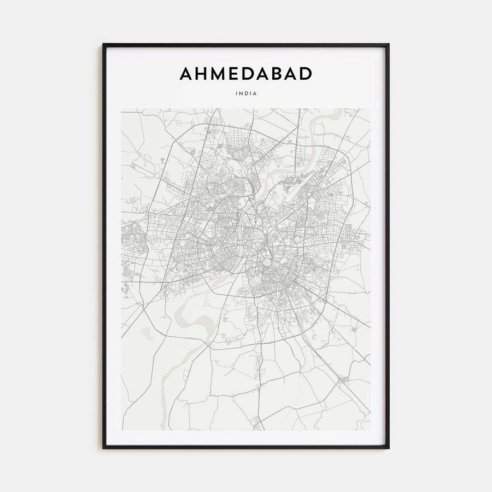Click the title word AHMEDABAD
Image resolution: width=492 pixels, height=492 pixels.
(x=246, y=74)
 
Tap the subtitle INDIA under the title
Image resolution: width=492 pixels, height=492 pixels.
(x=246, y=93)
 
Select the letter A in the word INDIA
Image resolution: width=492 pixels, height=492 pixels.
(x=255, y=93)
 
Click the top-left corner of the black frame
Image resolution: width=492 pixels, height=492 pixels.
(x=103, y=44)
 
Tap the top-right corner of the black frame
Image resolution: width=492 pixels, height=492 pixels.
(x=389, y=44)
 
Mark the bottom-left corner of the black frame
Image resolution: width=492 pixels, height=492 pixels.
(x=103, y=448)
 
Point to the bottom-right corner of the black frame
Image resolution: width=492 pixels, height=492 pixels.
(x=389, y=448)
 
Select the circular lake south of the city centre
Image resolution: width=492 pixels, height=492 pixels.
(x=255, y=282)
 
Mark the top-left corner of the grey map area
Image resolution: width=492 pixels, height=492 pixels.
(x=121, y=108)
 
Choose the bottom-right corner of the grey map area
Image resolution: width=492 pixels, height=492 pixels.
(x=371, y=430)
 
